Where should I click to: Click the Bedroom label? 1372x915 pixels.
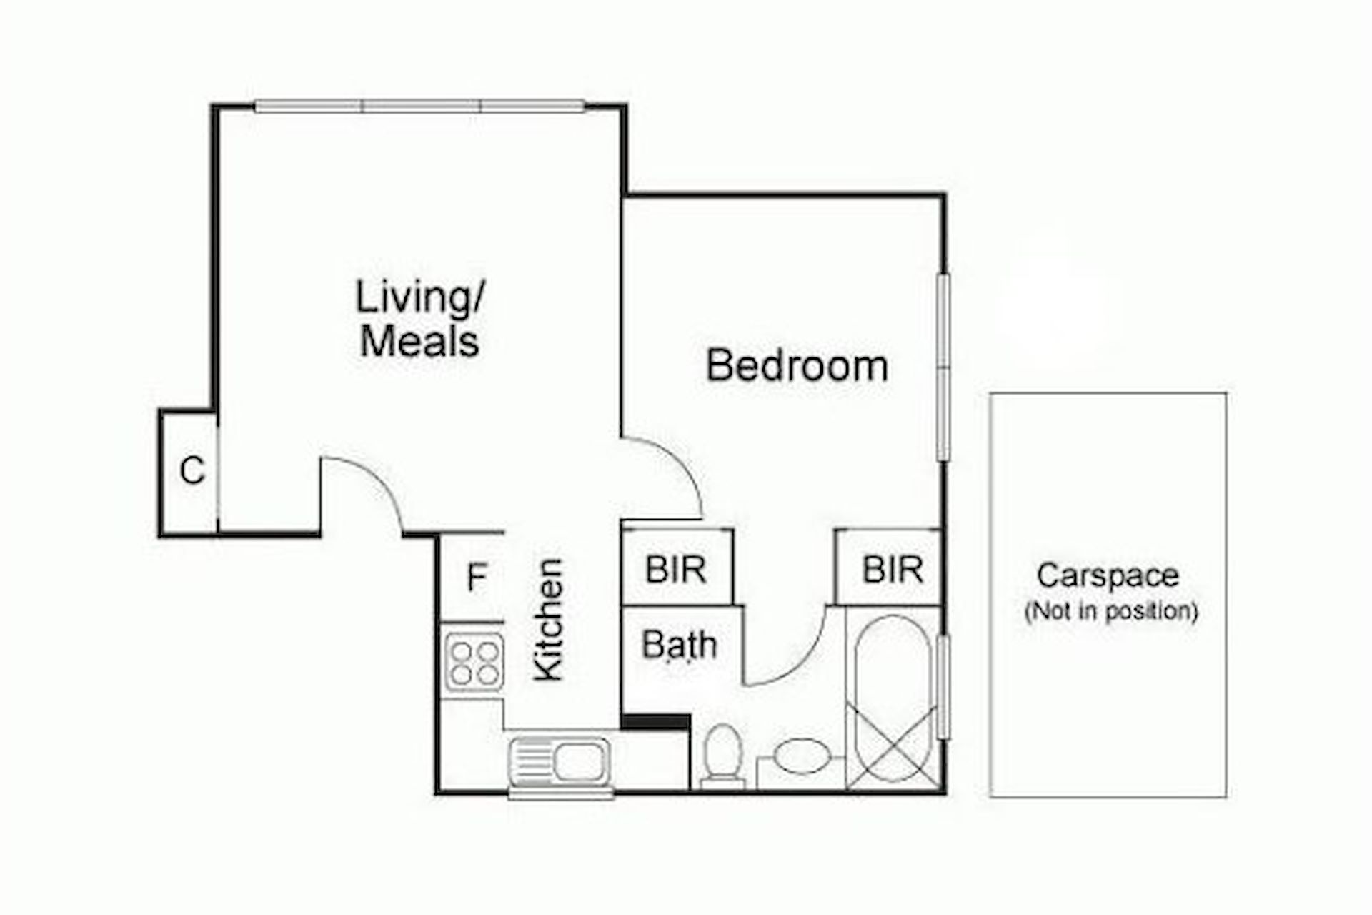tap(797, 365)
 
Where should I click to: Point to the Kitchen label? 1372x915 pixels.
tap(549, 620)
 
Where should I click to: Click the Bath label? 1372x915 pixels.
tap(679, 644)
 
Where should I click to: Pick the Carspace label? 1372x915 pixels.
tap(1108, 576)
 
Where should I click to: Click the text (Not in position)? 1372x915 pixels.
tap(1111, 612)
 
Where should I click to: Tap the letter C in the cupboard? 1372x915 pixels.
tap(192, 471)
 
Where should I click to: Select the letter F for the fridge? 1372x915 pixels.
tap(477, 577)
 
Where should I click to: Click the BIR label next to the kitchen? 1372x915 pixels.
tap(675, 570)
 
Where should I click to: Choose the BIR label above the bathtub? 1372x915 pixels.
tap(893, 570)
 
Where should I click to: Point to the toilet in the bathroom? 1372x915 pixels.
tap(722, 756)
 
